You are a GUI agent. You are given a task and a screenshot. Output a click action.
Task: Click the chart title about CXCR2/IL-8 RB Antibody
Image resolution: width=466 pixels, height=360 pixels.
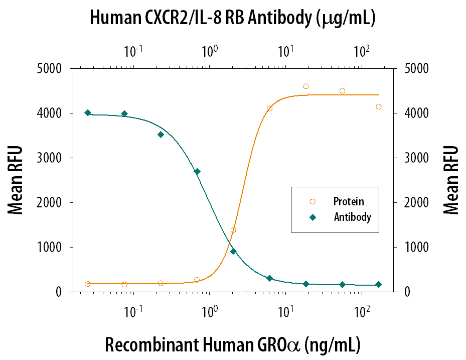233,19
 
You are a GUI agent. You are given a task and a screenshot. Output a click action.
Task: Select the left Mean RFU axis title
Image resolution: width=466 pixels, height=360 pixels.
16,180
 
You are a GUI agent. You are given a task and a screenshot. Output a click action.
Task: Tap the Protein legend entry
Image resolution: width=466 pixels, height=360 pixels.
348,202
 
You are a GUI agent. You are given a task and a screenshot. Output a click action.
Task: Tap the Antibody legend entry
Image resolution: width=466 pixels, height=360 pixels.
352,217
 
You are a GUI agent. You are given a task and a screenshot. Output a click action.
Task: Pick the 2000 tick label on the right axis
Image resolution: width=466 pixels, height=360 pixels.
415,203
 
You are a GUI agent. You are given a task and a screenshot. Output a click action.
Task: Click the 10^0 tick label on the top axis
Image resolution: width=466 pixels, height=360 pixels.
209,51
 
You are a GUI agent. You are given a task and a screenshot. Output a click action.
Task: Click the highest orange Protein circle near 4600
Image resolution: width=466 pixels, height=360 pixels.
306,86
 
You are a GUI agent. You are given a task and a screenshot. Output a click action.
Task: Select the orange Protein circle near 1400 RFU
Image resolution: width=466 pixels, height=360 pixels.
233,230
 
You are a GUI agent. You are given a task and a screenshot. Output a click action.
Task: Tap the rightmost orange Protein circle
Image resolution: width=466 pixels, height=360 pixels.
379,106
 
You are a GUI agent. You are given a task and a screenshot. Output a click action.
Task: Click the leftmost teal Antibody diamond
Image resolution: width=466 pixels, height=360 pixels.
88,113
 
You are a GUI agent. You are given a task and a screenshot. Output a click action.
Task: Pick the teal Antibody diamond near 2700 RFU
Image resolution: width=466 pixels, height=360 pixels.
197,172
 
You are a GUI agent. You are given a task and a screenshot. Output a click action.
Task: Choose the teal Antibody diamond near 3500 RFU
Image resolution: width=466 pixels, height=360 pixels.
161,135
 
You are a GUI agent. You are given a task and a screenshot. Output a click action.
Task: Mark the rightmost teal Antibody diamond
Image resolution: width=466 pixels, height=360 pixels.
379,285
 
